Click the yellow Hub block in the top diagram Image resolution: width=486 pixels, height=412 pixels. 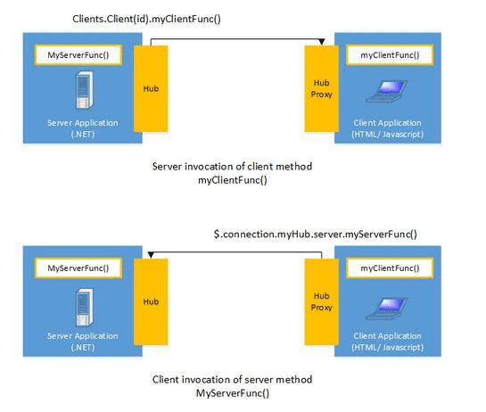(151, 89)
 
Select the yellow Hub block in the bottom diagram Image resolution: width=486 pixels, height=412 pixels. (151, 301)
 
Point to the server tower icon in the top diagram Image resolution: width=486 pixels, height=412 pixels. (78, 91)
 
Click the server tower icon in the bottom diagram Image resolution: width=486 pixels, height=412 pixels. (78, 303)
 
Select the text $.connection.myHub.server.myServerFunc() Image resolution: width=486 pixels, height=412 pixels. (315, 235)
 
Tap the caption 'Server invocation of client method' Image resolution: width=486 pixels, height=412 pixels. (232, 166)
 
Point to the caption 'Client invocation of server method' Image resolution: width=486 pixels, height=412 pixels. (232, 379)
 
